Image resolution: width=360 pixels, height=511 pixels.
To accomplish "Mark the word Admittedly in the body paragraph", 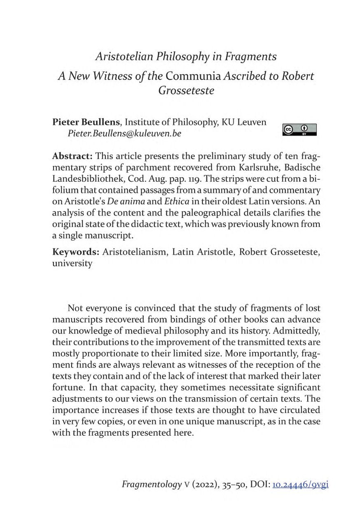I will coord(295,331).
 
